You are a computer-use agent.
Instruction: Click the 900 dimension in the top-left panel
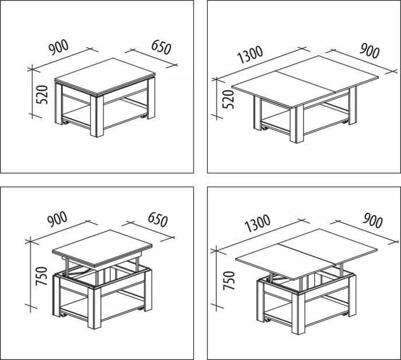(58, 47)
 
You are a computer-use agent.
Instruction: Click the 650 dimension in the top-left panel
(161, 47)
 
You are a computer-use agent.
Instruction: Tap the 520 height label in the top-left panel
(42, 95)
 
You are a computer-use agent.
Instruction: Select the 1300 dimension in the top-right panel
(250, 54)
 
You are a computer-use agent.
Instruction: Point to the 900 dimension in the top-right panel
(369, 51)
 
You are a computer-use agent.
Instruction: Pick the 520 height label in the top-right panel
(228, 99)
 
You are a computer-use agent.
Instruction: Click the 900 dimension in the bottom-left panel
(57, 219)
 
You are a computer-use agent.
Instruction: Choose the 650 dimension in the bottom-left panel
(158, 220)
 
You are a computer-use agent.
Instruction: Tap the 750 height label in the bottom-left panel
(41, 276)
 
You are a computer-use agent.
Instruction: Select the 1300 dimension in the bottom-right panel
(257, 223)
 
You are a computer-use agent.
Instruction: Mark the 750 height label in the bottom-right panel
(229, 281)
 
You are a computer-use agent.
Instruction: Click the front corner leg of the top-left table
(97, 116)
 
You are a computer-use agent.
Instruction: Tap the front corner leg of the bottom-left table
(94, 308)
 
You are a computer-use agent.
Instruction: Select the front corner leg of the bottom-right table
(298, 313)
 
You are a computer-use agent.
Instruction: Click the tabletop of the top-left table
(105, 76)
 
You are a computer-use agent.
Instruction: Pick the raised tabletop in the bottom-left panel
(102, 248)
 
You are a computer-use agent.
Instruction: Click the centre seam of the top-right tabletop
(302, 82)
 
